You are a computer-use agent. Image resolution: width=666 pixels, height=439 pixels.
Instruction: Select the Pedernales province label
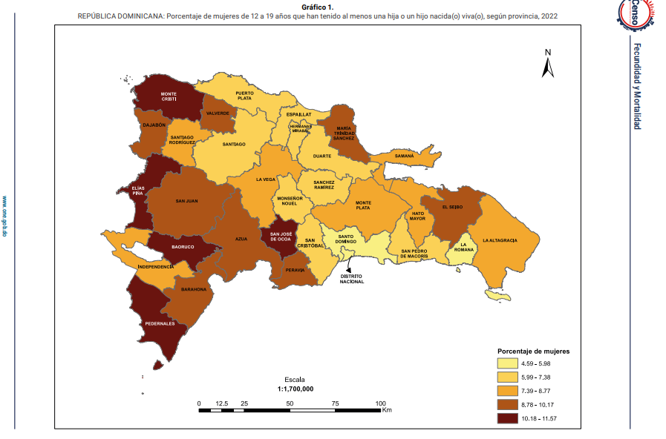coord(160,323)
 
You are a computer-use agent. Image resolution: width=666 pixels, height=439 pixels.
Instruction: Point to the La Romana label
coord(465,247)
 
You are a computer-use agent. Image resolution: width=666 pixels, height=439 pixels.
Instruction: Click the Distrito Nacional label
coord(352,279)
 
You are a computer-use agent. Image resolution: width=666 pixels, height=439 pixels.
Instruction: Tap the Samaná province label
coord(404,156)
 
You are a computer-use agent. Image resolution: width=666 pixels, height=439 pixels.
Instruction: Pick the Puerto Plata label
coord(244,95)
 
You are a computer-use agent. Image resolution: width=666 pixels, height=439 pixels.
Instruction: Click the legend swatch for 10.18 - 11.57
coord(507,418)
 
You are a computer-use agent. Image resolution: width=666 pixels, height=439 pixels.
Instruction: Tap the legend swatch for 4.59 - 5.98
coord(507,363)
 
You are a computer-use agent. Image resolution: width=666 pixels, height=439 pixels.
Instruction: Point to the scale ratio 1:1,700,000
coord(295,389)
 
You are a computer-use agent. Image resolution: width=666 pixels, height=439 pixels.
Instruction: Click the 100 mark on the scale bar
coord(381,403)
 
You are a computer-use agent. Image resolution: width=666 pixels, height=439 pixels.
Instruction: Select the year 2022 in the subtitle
coord(550,15)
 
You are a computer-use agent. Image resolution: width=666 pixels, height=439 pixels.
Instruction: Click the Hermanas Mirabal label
coord(301,128)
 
